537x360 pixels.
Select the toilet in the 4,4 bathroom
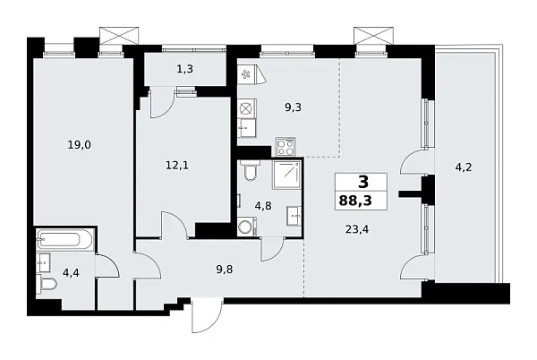click(x=48, y=285)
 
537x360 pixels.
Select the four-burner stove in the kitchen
click(x=286, y=144)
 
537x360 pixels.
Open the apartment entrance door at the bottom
click(x=208, y=315)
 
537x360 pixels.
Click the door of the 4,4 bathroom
click(x=108, y=266)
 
